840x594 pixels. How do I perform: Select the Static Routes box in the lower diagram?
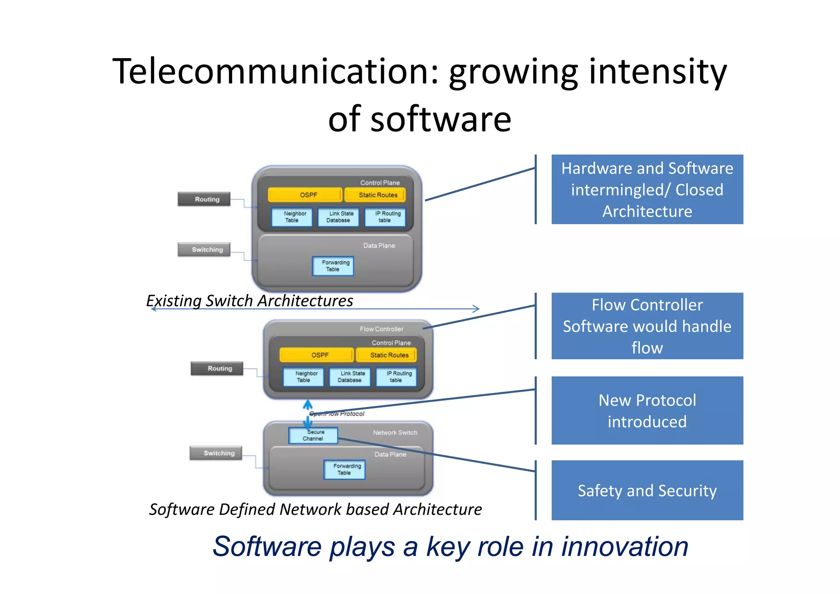(386, 355)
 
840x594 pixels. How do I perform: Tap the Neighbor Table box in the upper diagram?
(292, 217)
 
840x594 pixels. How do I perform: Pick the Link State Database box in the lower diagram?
(350, 377)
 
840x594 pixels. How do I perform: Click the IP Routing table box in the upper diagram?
(385, 217)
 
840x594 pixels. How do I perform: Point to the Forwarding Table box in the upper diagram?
(333, 266)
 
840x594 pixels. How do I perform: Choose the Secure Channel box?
(313, 435)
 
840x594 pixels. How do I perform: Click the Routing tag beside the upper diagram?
(204, 199)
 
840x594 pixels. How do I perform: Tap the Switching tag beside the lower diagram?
(216, 453)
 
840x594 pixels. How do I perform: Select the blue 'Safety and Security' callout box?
(647, 490)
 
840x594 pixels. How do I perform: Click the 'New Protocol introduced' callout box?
(647, 410)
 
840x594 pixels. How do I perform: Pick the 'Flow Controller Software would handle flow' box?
(647, 326)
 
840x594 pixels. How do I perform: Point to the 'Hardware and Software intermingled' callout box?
(647, 190)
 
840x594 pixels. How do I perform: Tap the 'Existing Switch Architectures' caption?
(249, 301)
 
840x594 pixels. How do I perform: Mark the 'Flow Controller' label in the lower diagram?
(381, 329)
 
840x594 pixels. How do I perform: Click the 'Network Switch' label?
(395, 432)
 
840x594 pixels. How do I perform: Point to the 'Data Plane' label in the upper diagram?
(379, 245)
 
